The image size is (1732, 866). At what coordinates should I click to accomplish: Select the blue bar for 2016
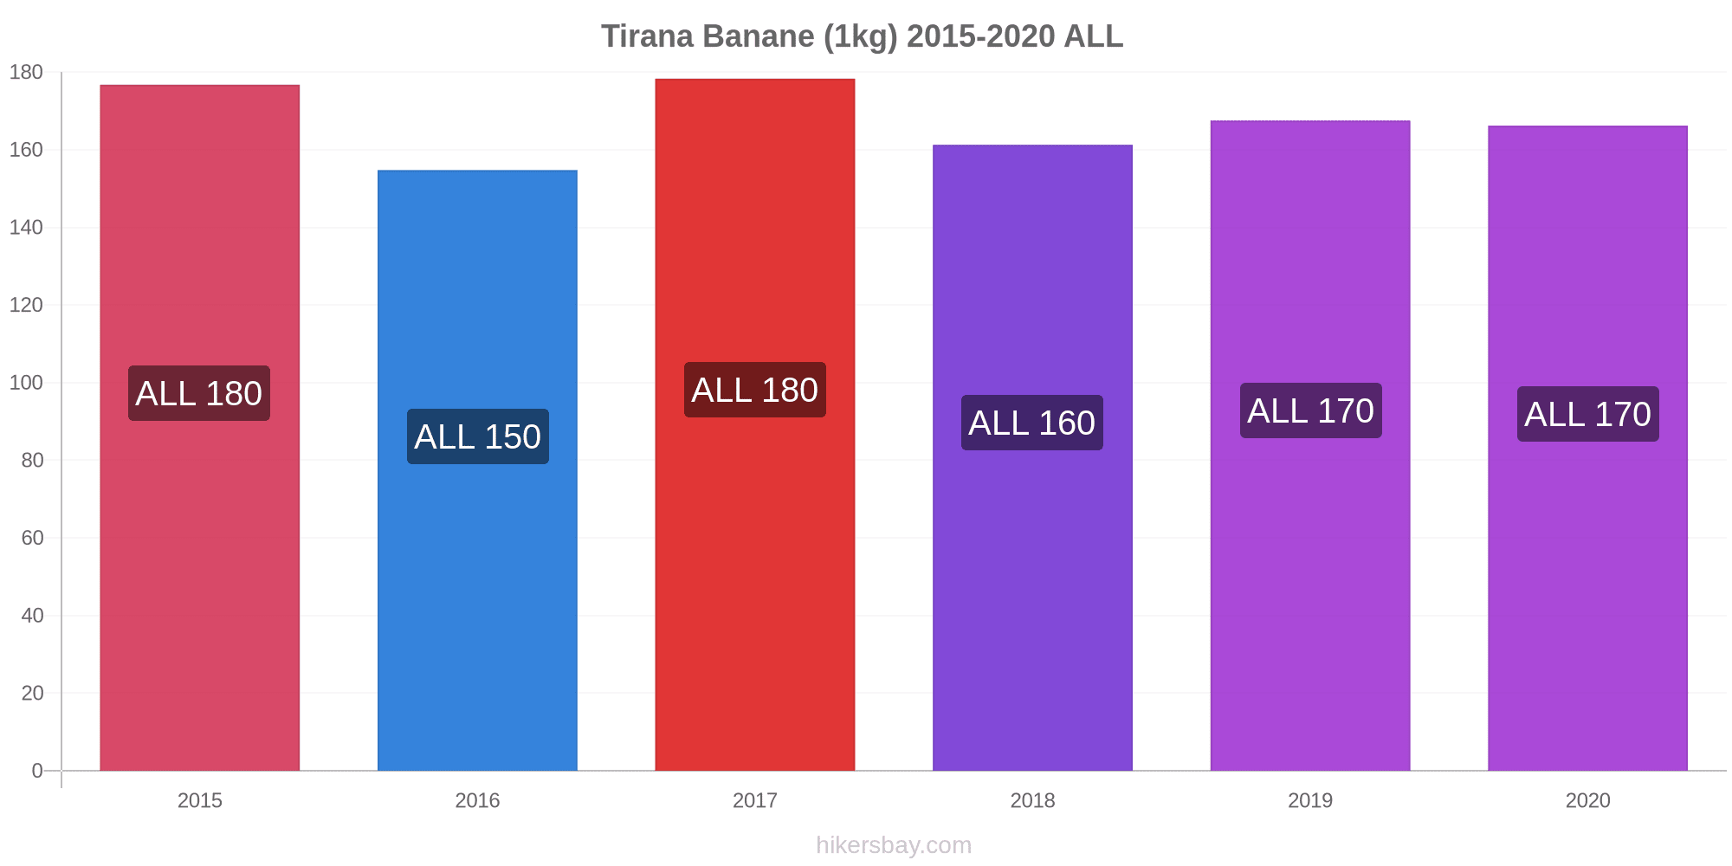click(477, 470)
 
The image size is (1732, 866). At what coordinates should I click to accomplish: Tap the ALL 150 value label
click(478, 436)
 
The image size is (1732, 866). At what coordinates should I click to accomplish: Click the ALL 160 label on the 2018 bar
click(1032, 423)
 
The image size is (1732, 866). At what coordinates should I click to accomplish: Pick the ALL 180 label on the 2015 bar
click(199, 393)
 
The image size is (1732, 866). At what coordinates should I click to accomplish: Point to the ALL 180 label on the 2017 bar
click(755, 390)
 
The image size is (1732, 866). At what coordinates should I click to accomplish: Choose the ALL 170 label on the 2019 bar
click(1311, 410)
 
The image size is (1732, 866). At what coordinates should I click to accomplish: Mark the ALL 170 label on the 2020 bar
click(1588, 414)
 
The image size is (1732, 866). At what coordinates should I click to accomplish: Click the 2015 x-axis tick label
click(200, 800)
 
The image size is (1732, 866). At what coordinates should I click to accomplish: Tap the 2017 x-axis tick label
click(755, 800)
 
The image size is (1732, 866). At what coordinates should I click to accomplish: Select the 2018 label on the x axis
click(1032, 800)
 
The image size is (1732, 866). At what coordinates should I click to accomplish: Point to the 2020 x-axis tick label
click(1588, 800)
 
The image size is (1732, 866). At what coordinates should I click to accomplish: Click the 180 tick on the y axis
click(26, 73)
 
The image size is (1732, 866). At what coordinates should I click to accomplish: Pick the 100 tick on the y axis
click(26, 383)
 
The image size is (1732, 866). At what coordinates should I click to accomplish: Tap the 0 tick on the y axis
click(37, 771)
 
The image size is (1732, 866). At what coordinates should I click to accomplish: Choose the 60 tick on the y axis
click(32, 538)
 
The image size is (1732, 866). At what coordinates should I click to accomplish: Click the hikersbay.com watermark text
click(894, 845)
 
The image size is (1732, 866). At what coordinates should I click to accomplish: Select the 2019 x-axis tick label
click(1310, 800)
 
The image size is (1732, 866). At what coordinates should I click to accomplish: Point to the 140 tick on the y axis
click(26, 228)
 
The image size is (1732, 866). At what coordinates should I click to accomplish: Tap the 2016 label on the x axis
click(477, 800)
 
